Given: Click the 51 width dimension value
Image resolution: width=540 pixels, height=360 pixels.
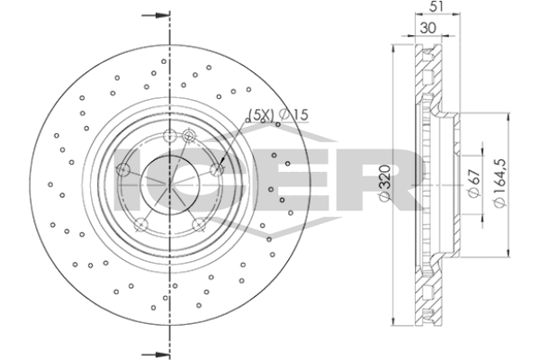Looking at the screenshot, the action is coord(437,6).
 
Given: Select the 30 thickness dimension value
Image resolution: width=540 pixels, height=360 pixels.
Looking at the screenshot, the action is coord(428,28).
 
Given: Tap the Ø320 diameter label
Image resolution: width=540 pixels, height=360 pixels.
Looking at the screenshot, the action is coord(385,183).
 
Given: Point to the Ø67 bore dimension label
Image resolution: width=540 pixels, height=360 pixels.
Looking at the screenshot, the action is coord(474,184).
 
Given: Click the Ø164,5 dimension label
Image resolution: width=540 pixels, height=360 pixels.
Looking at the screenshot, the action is coord(500,183).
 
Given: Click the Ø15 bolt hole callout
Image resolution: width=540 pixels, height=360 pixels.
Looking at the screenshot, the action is coord(293,114).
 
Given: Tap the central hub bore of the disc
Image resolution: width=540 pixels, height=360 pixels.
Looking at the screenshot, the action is coord(170,185).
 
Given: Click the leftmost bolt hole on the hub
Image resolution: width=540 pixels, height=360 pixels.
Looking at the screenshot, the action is coord(123,169).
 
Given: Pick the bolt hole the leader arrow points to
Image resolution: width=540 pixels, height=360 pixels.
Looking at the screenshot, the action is coord(217,169).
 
